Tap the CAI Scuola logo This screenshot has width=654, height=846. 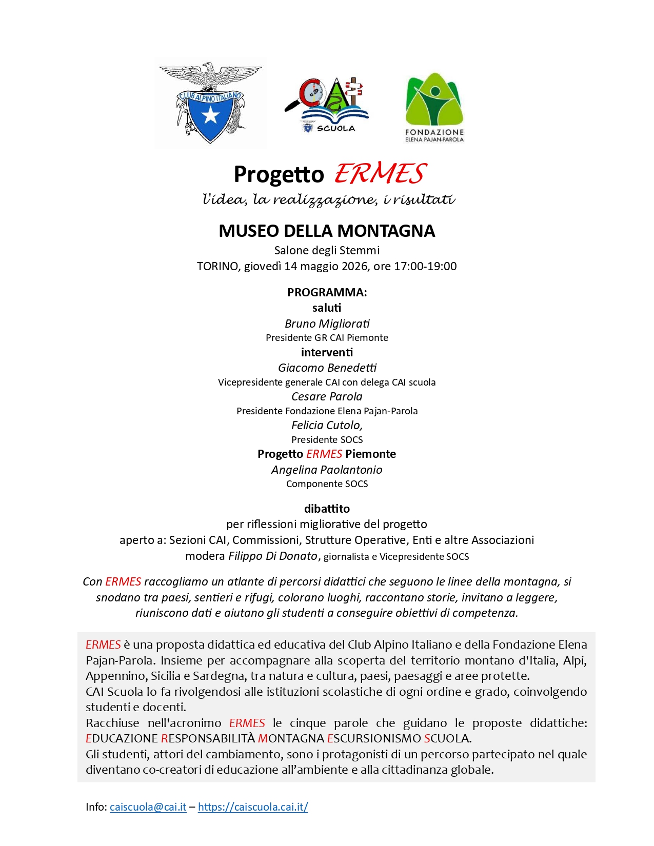coord(327,106)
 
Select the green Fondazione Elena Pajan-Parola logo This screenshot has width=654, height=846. coord(434,107)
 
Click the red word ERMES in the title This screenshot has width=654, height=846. coord(380,174)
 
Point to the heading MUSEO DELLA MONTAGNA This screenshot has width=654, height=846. coord(327,231)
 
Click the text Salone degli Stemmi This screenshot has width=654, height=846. coord(327,250)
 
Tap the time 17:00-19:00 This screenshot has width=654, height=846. coord(425,266)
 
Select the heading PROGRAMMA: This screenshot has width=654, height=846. coord(327,292)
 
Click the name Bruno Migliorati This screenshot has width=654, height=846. coord(327,324)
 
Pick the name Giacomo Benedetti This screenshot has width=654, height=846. coord(327,368)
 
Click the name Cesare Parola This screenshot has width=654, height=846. coord(327,396)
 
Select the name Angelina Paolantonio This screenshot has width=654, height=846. coord(327,470)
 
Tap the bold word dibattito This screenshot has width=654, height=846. coord(327,509)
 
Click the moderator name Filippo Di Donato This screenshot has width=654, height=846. coord(273,556)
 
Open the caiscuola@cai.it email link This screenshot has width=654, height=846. coord(148,807)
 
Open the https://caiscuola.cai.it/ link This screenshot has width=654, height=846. coord(253,807)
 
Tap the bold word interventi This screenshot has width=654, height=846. coord(327,352)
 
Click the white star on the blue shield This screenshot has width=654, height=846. coord(210,116)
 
